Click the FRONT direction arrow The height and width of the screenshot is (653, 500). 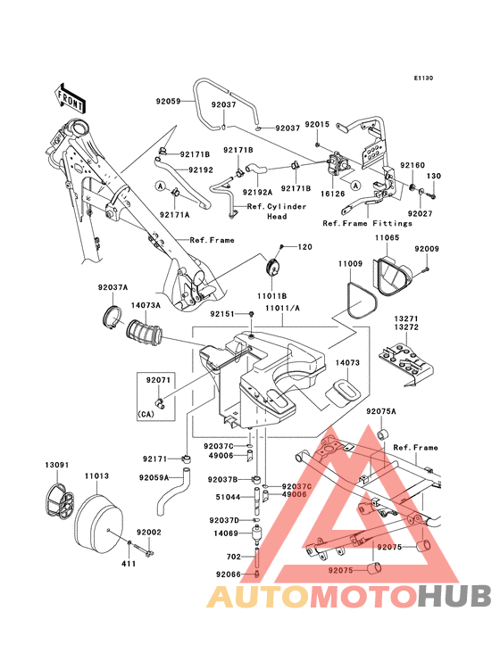[71, 98]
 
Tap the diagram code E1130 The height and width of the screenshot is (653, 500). [423, 78]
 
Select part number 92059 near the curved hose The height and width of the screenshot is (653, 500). [168, 101]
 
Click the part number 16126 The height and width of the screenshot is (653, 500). [332, 194]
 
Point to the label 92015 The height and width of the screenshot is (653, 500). [317, 124]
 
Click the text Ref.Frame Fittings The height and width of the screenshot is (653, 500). [368, 223]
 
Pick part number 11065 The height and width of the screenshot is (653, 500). [387, 237]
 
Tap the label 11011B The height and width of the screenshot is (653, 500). [271, 296]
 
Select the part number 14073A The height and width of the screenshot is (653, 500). [146, 305]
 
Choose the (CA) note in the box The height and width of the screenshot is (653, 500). [146, 415]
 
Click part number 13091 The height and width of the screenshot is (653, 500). [57, 465]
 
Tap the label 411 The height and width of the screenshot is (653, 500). [129, 564]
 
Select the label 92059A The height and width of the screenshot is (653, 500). [154, 477]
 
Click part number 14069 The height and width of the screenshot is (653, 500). [225, 533]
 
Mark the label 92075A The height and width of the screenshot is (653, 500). [381, 411]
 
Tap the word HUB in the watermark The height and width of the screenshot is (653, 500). [455, 596]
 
